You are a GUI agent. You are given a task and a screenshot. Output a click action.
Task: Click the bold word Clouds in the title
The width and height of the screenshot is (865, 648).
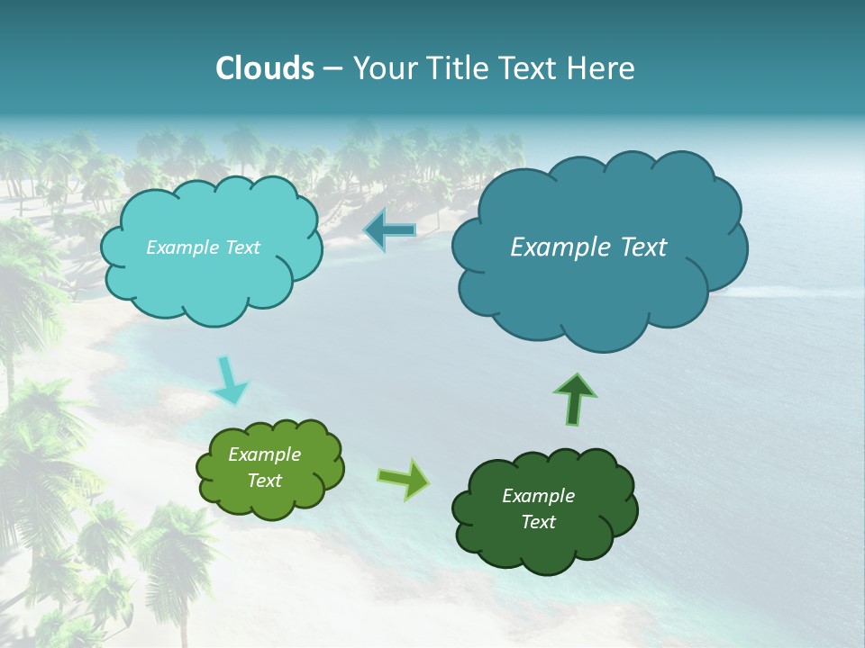264,68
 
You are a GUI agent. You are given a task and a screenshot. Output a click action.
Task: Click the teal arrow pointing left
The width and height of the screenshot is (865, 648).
390,231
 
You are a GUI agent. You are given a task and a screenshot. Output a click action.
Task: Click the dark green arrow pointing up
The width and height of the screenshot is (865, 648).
575,399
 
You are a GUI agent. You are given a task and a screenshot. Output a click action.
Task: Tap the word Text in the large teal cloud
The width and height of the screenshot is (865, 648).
634,247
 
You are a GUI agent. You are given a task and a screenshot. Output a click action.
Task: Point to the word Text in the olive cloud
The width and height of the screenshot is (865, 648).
264,481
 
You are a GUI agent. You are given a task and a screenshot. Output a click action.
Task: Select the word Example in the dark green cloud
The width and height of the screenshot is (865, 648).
538,496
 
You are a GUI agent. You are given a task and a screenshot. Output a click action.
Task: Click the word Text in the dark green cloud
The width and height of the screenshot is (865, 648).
538,522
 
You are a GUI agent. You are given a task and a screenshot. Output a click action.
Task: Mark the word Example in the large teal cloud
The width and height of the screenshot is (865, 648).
553,247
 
